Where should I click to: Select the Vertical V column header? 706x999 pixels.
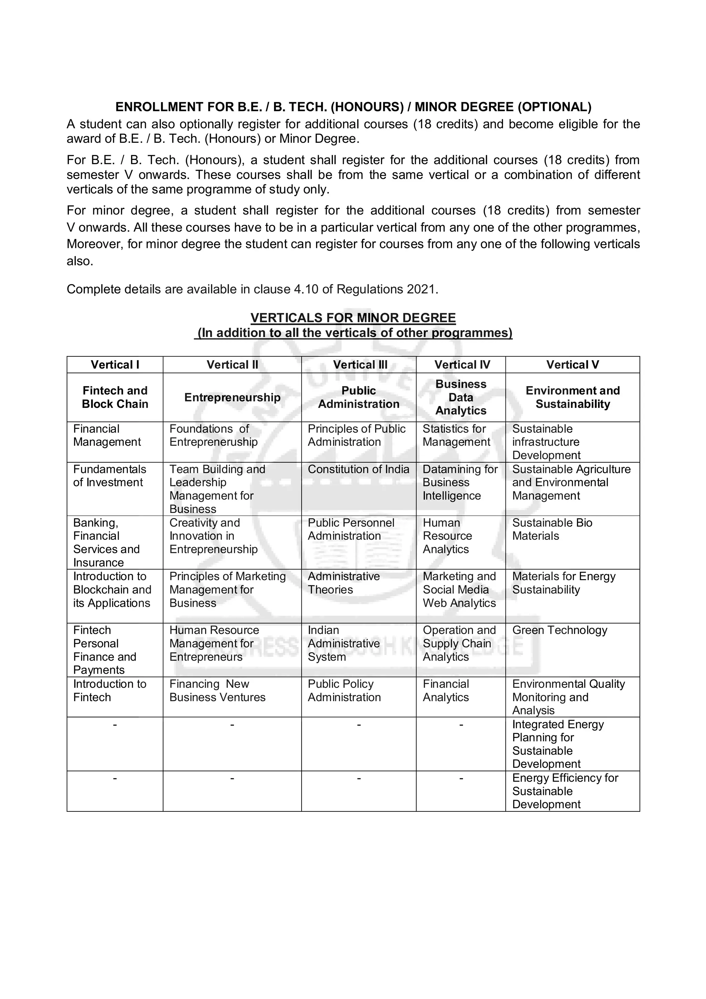coord(573,365)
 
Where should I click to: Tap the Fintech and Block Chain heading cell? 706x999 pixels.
coord(115,397)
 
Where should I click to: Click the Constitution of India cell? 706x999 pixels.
coord(359,470)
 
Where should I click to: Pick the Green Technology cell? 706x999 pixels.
coord(559,630)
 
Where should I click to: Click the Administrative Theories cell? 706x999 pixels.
coord(344,583)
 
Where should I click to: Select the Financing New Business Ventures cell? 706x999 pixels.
coord(217,690)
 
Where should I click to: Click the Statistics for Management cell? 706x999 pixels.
coord(456,435)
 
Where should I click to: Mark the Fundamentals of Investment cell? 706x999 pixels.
coord(110,476)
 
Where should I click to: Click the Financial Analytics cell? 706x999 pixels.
coord(445,690)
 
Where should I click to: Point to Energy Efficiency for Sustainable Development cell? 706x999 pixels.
coord(565,791)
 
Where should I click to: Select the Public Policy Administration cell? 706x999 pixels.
coord(344,690)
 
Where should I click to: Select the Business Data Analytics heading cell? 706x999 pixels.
coord(461,397)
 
